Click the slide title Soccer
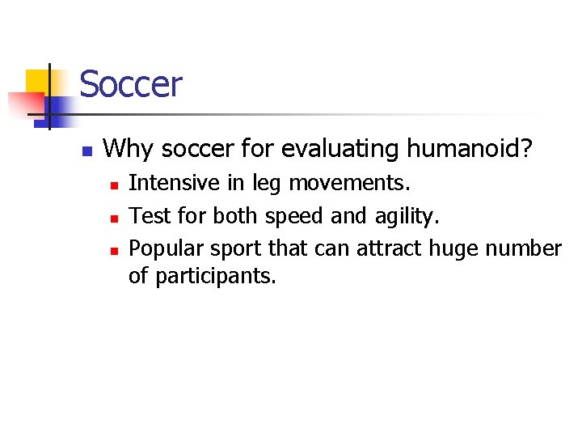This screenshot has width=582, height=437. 131,85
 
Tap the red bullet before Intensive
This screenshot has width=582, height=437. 114,186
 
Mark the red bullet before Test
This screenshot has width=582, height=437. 114,218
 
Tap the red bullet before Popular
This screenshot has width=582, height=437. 114,249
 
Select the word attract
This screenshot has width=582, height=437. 382,248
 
